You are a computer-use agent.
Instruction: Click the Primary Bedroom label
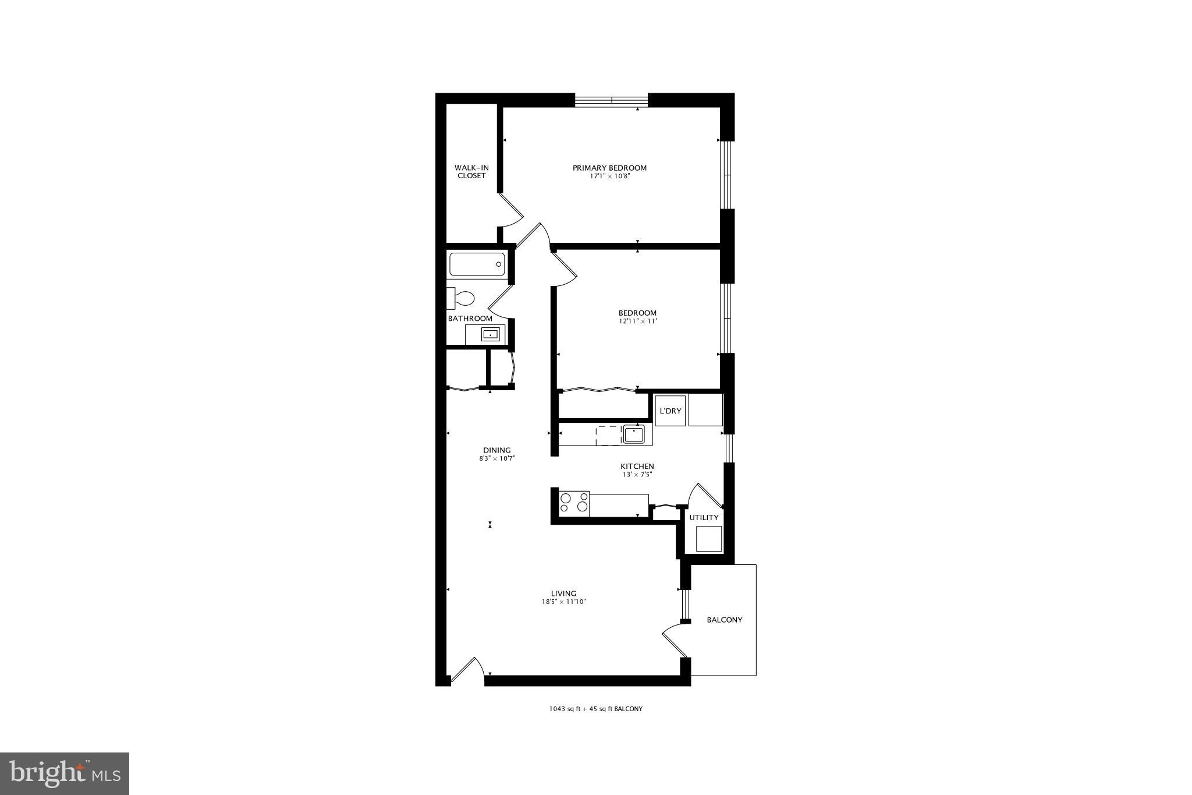click(x=609, y=168)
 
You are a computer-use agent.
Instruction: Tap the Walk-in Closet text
click(x=471, y=171)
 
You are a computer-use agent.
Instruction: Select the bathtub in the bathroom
click(x=477, y=264)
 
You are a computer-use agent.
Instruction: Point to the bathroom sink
click(x=490, y=334)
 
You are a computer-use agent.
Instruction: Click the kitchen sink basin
click(x=633, y=434)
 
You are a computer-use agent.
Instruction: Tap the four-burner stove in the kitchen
click(x=574, y=502)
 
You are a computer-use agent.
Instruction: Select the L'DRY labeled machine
click(x=670, y=411)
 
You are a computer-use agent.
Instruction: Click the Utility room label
click(x=704, y=517)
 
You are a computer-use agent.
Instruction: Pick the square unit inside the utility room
click(x=708, y=538)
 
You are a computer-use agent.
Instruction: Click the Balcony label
click(x=725, y=620)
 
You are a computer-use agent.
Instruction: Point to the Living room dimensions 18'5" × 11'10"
click(x=563, y=602)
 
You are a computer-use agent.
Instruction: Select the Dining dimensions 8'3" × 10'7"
click(x=496, y=458)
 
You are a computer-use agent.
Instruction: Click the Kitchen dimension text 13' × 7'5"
click(x=637, y=474)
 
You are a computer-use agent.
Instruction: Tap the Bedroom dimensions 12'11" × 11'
click(x=637, y=321)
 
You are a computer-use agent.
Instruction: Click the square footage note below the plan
click(x=595, y=709)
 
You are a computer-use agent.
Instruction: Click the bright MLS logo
click(x=65, y=773)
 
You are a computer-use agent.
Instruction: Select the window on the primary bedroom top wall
click(x=612, y=100)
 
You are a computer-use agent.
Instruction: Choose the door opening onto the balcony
click(x=674, y=643)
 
